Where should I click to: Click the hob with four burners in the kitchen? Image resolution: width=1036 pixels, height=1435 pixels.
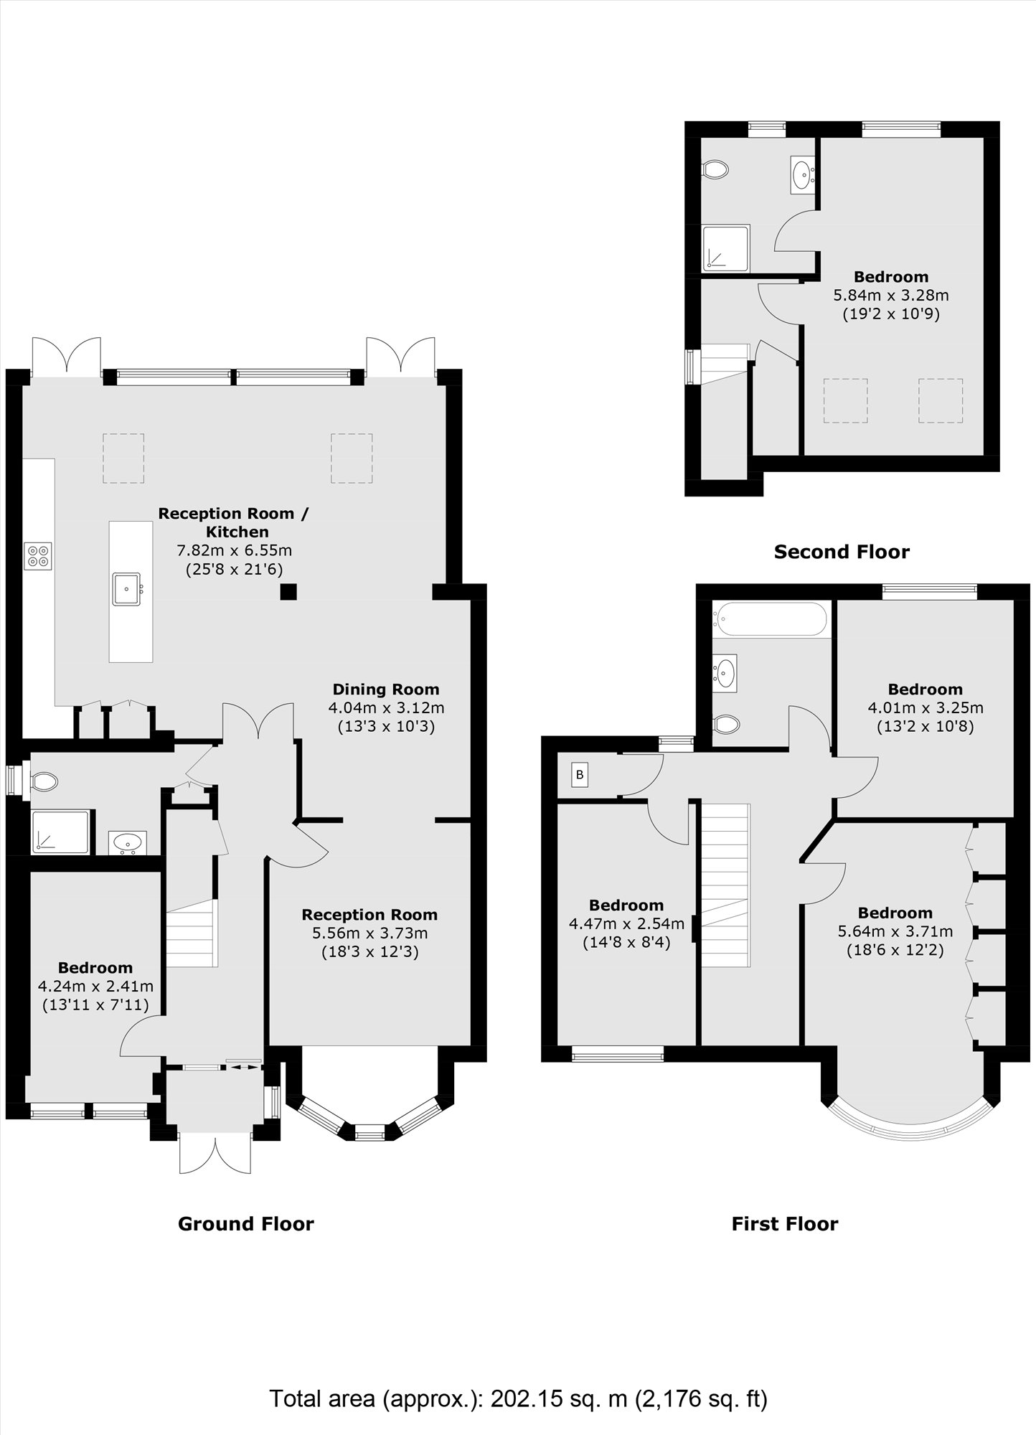click(37, 556)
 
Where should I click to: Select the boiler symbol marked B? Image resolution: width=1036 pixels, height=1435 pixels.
click(580, 775)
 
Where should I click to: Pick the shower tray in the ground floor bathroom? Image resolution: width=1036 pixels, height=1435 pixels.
click(61, 832)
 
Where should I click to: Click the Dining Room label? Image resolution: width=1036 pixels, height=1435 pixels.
click(386, 690)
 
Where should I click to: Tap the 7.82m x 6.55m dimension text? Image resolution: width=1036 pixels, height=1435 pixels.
click(234, 550)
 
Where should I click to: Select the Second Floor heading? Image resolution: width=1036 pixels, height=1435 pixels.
click(842, 552)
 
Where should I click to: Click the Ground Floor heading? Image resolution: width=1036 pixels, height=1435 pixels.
click(246, 1223)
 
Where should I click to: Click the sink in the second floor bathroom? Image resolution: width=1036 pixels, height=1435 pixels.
click(802, 173)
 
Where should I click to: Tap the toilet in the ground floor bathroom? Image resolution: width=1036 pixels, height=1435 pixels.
click(42, 781)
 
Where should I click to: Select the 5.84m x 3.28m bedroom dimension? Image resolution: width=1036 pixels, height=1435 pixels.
click(891, 295)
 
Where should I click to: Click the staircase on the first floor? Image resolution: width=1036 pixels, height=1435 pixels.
click(725, 885)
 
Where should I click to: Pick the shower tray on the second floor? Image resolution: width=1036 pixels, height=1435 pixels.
click(726, 248)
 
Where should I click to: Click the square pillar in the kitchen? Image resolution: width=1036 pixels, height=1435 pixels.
click(288, 592)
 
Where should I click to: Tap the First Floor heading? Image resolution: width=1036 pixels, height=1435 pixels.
click(785, 1223)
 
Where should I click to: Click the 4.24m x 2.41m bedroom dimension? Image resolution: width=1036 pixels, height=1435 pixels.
click(95, 987)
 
